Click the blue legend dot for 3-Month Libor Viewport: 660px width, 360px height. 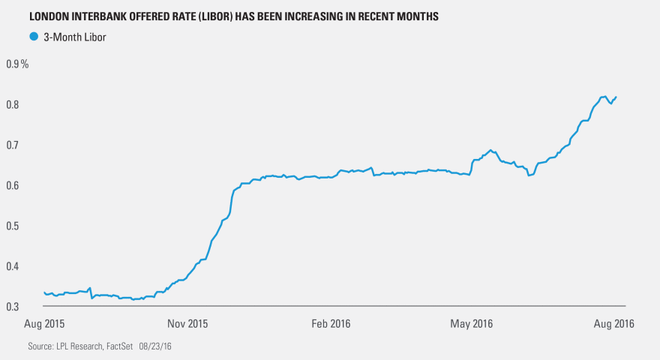coord(33,35)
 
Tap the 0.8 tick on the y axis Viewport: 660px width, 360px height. coord(13,104)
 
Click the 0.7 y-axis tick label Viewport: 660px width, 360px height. coord(13,145)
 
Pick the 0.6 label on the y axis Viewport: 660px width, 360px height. coord(13,185)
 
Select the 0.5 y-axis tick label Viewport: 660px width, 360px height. coord(13,226)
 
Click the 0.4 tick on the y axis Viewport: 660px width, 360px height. coord(13,266)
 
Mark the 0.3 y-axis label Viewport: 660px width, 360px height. coord(13,307)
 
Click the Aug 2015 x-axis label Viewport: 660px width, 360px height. coord(43,324)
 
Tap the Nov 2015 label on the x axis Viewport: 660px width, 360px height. coord(187,324)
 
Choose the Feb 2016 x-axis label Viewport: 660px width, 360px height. coord(331,324)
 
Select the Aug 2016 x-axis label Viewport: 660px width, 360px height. coord(613,324)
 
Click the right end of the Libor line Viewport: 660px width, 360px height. coord(616,97)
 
